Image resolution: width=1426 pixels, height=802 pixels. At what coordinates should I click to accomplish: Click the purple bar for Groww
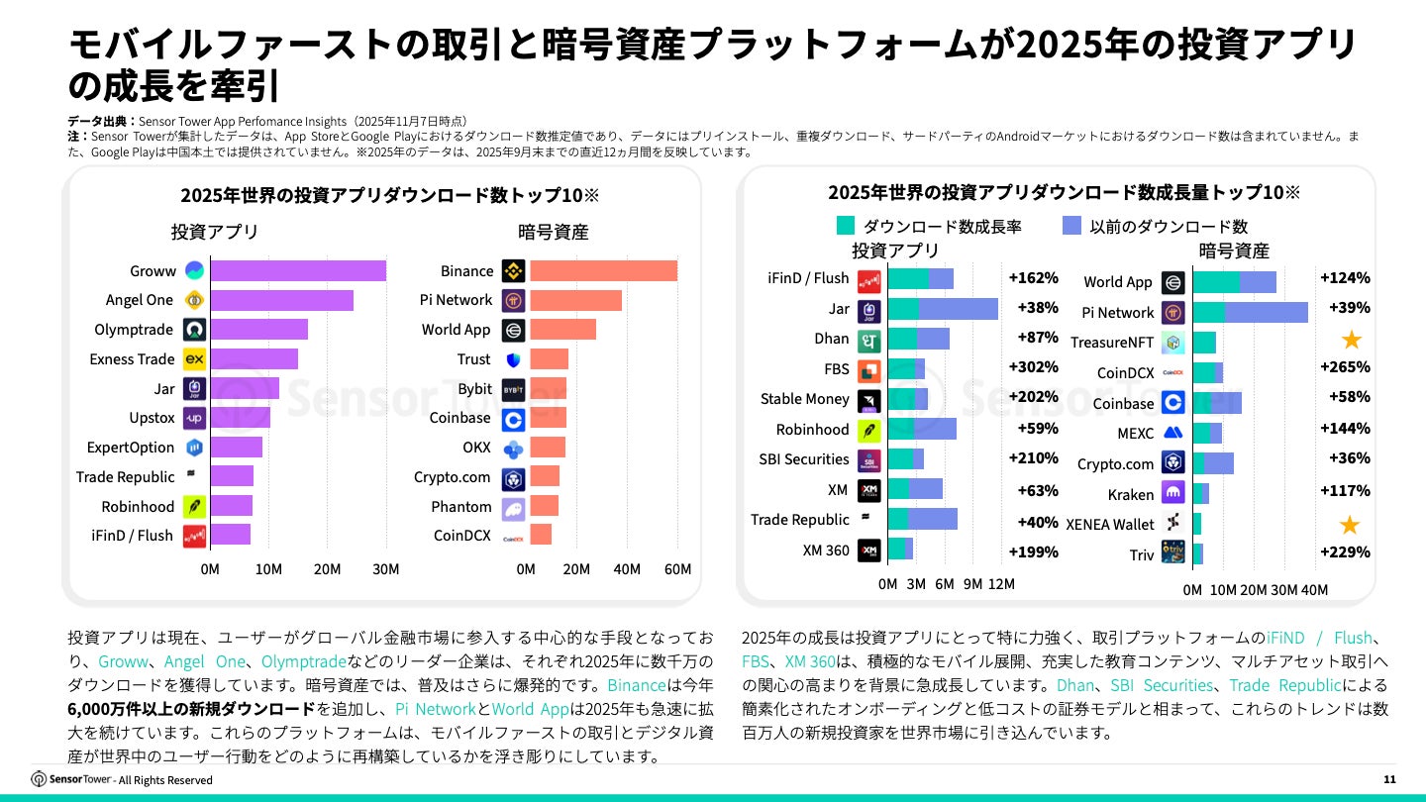click(x=297, y=270)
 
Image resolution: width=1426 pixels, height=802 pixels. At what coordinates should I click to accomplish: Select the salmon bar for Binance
click(x=603, y=270)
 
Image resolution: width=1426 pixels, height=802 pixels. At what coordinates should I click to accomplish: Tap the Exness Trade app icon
click(x=195, y=359)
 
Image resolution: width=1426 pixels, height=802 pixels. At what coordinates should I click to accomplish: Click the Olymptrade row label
click(x=134, y=330)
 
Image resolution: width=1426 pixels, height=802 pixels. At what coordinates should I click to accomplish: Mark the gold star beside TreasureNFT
click(x=1351, y=340)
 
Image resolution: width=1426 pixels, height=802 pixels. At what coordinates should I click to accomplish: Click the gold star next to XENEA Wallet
click(x=1350, y=525)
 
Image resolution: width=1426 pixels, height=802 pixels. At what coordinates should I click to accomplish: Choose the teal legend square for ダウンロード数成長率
click(x=846, y=226)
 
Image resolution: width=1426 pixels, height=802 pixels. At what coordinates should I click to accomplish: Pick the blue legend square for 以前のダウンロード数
click(x=1070, y=226)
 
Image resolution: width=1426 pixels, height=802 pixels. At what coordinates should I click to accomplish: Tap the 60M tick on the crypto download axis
click(x=678, y=569)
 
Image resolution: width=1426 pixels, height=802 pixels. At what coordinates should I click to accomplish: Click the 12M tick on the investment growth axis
click(x=1001, y=584)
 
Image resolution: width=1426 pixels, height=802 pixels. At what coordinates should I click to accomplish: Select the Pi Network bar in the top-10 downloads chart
click(x=575, y=300)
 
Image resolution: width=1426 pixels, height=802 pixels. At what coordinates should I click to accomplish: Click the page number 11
click(x=1389, y=780)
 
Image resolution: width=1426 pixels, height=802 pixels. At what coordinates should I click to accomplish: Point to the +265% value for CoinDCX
click(x=1345, y=367)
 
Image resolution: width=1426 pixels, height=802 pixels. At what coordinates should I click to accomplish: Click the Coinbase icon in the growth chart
click(x=1173, y=403)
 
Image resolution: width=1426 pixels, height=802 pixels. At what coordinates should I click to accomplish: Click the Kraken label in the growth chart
click(x=1131, y=494)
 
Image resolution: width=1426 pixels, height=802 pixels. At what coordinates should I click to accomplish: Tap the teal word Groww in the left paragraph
click(x=120, y=661)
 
